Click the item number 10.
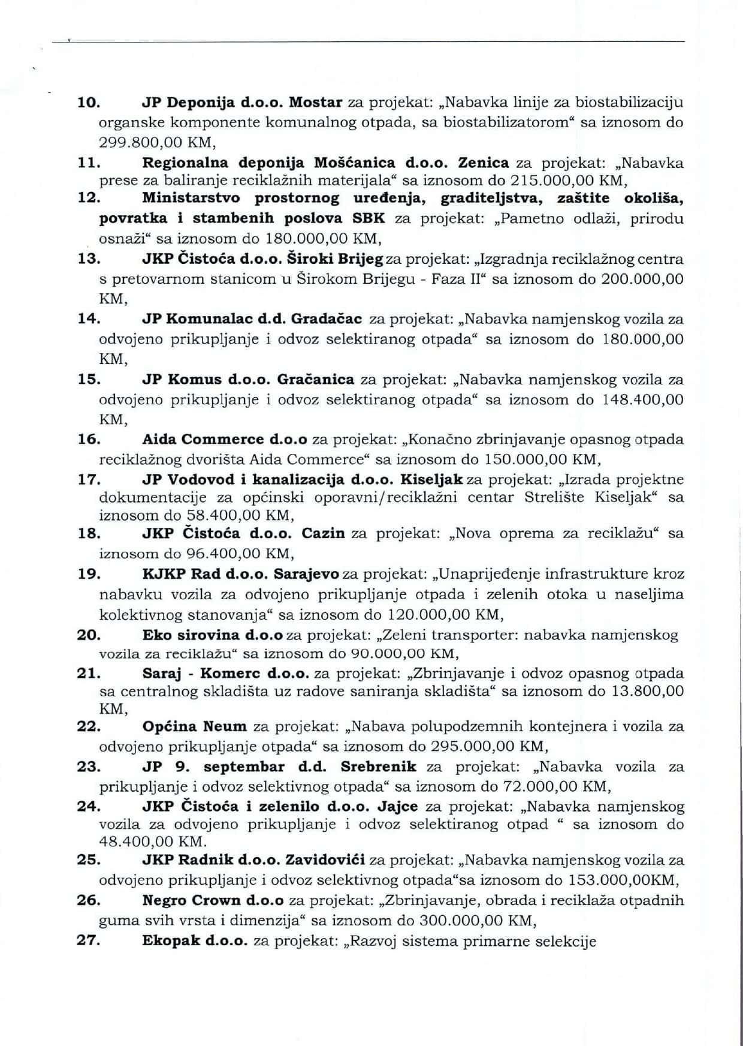[x=89, y=103]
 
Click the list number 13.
[x=89, y=260]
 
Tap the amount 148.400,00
[x=642, y=399]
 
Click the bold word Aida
[x=158, y=440]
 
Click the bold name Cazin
[x=323, y=534]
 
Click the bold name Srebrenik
[x=378, y=767]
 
